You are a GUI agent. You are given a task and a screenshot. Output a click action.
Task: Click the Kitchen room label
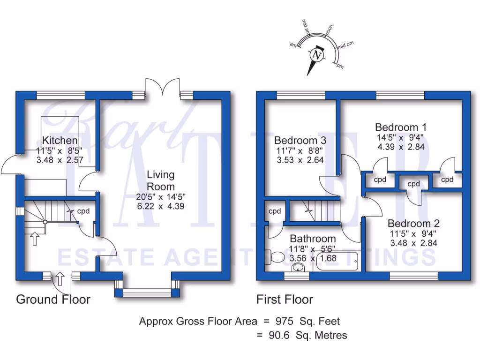click(60, 140)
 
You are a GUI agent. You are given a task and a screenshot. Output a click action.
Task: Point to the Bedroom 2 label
click(413, 223)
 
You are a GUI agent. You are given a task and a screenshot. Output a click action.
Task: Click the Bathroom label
click(312, 239)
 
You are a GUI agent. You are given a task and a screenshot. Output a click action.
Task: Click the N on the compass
click(317, 55)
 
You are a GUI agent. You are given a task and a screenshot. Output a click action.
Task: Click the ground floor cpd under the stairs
click(83, 210)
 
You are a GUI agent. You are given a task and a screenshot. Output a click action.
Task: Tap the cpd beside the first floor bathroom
click(274, 211)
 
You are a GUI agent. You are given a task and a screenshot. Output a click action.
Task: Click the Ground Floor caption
click(53, 299)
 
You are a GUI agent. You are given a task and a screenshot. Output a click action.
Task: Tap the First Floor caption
click(285, 299)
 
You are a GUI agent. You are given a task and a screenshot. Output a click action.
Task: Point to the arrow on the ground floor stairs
click(34, 238)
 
